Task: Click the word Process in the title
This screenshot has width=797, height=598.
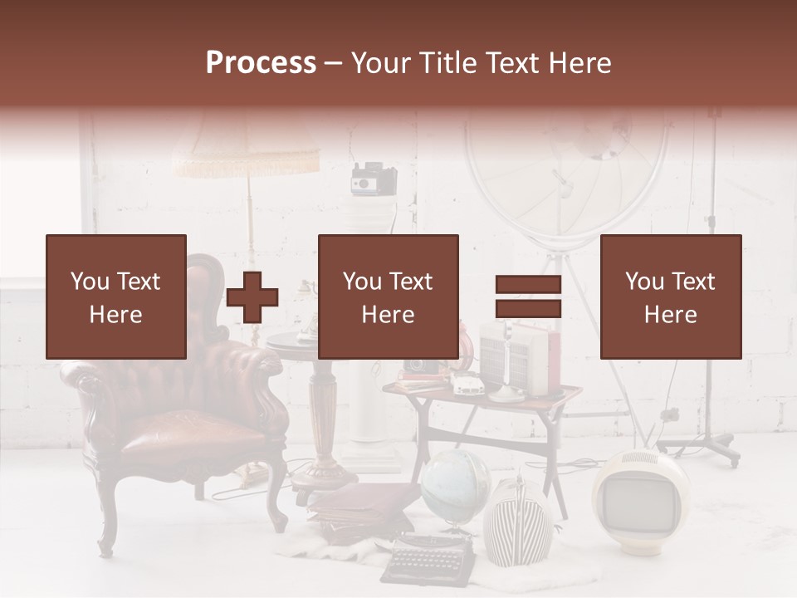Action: click(x=261, y=62)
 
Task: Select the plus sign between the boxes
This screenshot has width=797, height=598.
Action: click(x=252, y=297)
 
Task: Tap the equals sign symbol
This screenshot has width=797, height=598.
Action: click(x=528, y=297)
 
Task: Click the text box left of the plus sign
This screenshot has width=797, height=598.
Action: click(x=116, y=297)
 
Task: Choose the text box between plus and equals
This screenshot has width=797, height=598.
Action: click(x=389, y=297)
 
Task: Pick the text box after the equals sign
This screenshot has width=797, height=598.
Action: click(x=671, y=297)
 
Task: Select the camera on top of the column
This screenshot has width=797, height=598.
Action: click(x=374, y=179)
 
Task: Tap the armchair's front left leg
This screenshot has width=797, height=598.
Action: click(x=106, y=523)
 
